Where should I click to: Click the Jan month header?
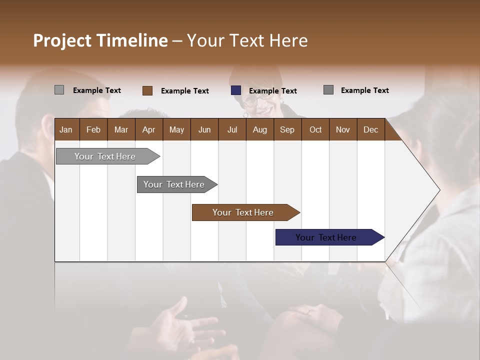pyautogui.click(x=66, y=129)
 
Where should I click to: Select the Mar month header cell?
pyautogui.click(x=121, y=129)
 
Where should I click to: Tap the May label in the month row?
pyautogui.click(x=176, y=129)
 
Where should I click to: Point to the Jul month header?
pyautogui.click(x=232, y=129)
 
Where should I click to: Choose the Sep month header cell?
pyautogui.click(x=287, y=129)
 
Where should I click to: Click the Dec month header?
pyautogui.click(x=370, y=129)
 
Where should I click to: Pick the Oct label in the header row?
pyautogui.click(x=315, y=129)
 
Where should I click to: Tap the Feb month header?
pyautogui.click(x=93, y=129)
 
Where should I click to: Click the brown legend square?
pyautogui.click(x=147, y=90)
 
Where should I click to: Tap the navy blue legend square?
pyautogui.click(x=236, y=90)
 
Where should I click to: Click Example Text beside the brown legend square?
pyautogui.click(x=185, y=91)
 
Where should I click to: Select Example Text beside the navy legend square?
pyautogui.click(x=273, y=91)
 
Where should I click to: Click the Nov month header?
pyautogui.click(x=343, y=129)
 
